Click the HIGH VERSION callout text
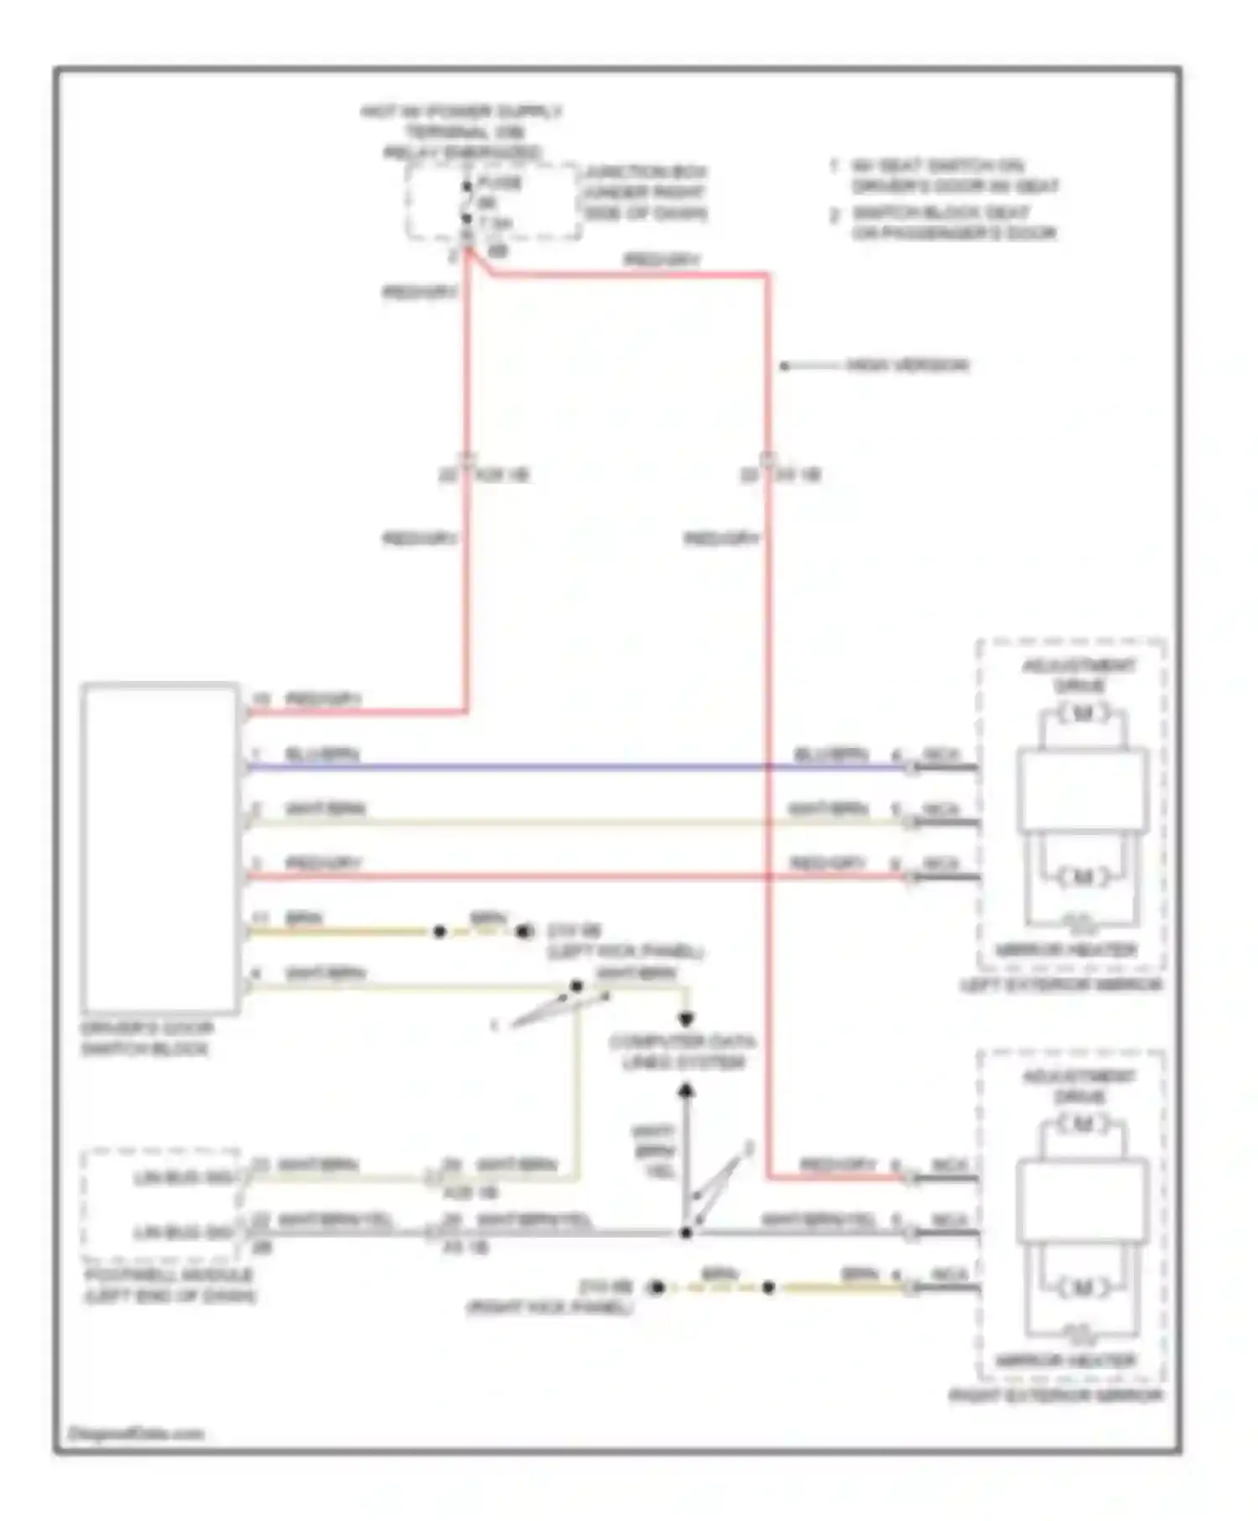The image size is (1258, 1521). [x=907, y=366]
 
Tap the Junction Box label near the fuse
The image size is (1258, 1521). [x=645, y=192]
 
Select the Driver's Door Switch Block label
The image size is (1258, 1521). [x=147, y=1038]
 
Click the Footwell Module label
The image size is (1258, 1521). [x=169, y=1285]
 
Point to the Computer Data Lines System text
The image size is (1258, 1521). [x=683, y=1051]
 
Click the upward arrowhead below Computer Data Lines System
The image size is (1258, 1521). [x=686, y=1090]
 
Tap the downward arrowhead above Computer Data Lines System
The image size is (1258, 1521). [x=686, y=1019]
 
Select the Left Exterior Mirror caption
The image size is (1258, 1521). [x=1062, y=984]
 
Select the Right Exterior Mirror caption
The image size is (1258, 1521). [x=1056, y=1395]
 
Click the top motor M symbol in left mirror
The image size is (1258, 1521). [x=1083, y=714]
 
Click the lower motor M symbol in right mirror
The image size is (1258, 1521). [x=1083, y=1287]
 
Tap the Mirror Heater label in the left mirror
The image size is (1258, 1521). [x=1066, y=950]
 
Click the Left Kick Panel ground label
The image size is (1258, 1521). [x=624, y=942]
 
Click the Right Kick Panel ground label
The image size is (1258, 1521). [x=549, y=1297]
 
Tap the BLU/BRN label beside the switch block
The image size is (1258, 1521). [x=322, y=754]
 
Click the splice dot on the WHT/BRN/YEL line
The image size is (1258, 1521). [x=686, y=1233]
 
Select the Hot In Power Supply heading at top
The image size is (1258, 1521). [x=461, y=132]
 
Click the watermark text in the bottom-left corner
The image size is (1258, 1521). [x=135, y=1433]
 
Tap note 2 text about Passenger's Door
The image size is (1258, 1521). [x=954, y=223]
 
